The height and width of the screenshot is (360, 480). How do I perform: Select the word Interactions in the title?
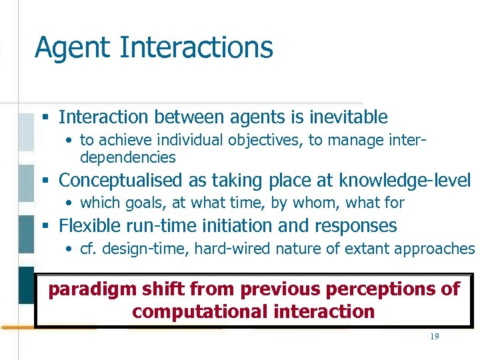coord(197,48)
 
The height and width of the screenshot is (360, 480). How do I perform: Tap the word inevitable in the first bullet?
coord(348,117)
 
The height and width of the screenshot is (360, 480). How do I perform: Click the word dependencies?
coord(127,158)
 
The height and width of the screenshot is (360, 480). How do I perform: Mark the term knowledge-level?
coord(404,181)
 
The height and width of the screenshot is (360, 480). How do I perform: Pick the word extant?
coord(339,249)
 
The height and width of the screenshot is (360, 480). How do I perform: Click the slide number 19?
coord(434,337)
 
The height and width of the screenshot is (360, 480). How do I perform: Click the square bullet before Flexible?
coord(46,227)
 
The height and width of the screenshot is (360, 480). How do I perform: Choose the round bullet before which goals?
coord(69,203)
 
